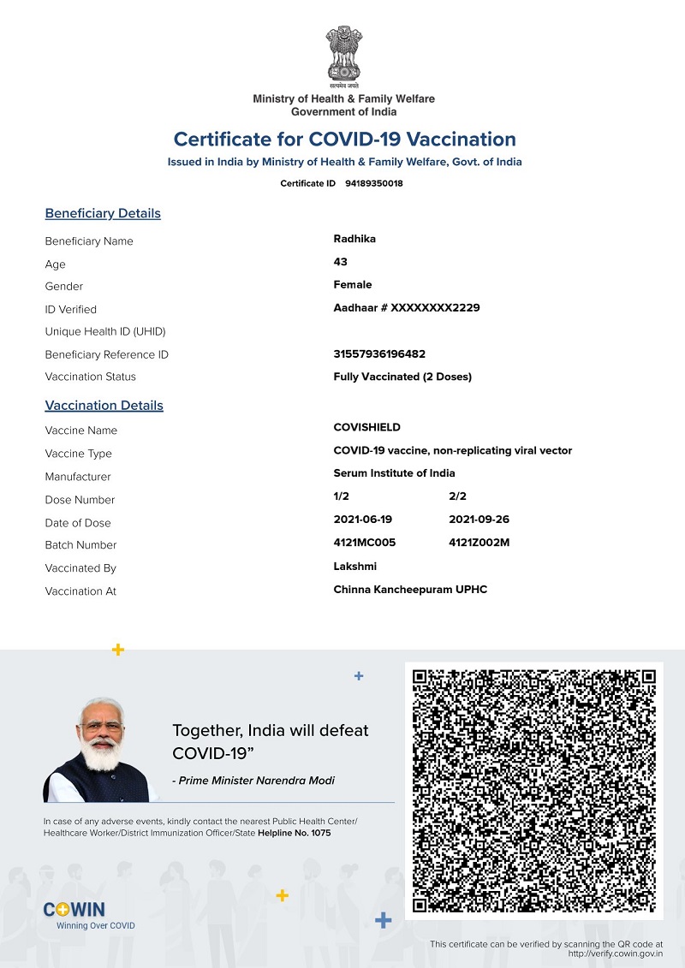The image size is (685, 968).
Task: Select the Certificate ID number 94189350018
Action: [374, 184]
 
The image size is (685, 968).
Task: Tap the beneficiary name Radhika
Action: [354, 239]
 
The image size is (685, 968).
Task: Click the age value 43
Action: [341, 262]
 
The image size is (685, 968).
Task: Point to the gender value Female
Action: [353, 285]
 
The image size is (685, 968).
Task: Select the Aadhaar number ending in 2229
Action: [407, 308]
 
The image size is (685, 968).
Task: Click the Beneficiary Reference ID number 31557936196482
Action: [379, 354]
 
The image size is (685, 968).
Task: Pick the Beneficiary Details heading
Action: [103, 214]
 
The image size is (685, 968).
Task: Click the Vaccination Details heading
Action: [104, 406]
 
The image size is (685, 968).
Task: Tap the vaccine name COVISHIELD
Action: [366, 428]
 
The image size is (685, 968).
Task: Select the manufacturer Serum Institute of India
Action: [394, 473]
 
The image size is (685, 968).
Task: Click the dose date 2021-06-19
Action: [363, 520]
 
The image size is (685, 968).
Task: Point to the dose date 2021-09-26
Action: [479, 520]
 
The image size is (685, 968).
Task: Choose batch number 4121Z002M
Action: [479, 543]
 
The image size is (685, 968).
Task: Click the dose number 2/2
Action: [457, 496]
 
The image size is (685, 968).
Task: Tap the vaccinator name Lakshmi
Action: [354, 567]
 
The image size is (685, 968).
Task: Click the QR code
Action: [534, 791]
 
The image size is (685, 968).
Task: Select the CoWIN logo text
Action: [74, 910]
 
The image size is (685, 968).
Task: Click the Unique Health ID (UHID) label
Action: [105, 332]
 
